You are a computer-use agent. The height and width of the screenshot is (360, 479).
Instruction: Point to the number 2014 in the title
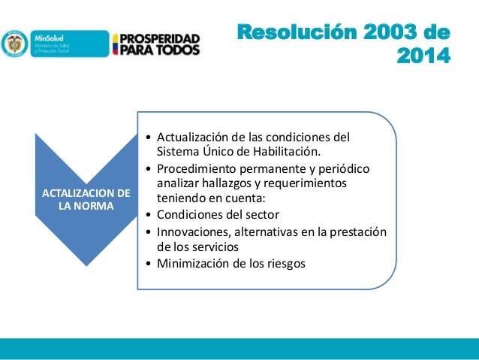424,56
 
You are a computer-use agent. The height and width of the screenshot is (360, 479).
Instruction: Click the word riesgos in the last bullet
285,263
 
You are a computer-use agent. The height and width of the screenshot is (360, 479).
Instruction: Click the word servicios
212,246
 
